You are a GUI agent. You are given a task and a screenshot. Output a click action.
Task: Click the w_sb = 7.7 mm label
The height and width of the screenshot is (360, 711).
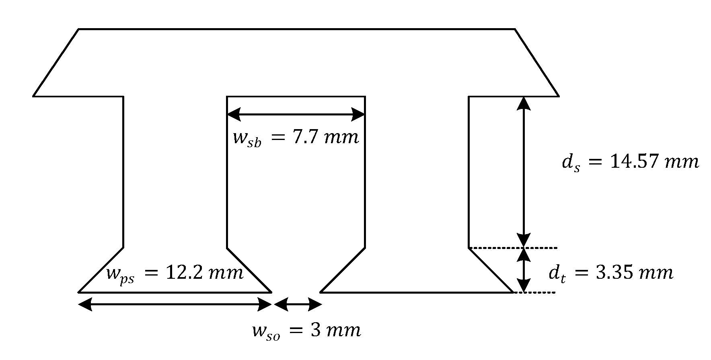pyautogui.click(x=296, y=138)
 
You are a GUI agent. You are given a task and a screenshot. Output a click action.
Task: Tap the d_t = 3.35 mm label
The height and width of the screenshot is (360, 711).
pyautogui.click(x=610, y=273)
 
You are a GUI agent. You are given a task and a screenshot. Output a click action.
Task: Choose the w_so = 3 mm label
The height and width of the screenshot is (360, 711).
pyautogui.click(x=306, y=331)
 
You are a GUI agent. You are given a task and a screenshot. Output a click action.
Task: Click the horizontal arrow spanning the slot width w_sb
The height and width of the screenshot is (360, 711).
pyautogui.click(x=296, y=115)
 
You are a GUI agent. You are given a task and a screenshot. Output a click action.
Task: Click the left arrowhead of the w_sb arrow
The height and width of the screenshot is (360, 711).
pyautogui.click(x=234, y=115)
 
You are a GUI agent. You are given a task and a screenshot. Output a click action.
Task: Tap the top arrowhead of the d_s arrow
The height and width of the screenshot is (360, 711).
pyautogui.click(x=523, y=103)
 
